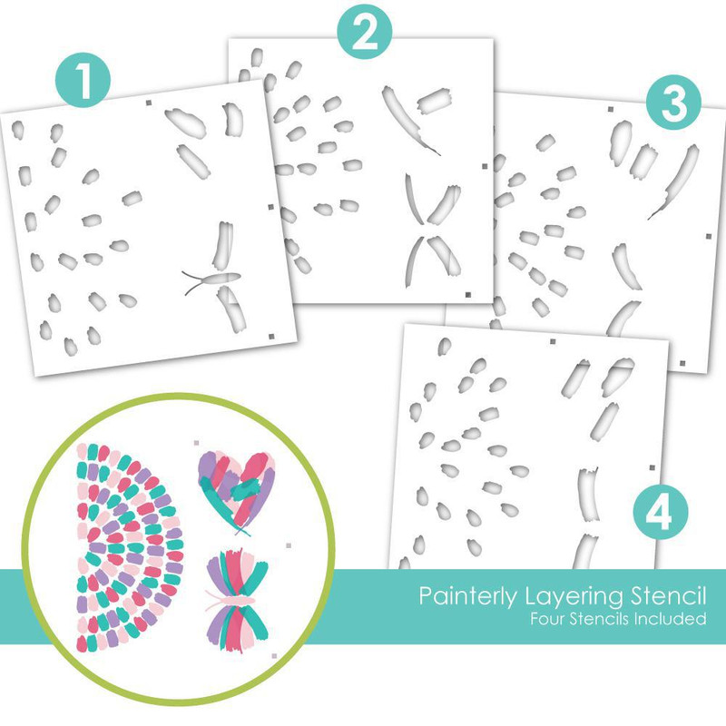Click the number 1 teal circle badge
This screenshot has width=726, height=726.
(83, 80)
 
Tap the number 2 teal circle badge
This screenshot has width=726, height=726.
(365, 32)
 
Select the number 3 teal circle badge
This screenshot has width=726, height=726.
(673, 103)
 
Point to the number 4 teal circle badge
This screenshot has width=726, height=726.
(661, 513)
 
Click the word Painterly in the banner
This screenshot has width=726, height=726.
(467, 596)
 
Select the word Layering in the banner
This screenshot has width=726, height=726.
(574, 596)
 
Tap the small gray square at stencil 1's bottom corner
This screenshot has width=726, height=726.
(271, 336)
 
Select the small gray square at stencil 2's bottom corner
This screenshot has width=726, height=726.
(468, 294)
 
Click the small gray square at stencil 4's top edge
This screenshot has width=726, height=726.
(553, 342)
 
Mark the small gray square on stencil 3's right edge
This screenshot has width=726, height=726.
(709, 237)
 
